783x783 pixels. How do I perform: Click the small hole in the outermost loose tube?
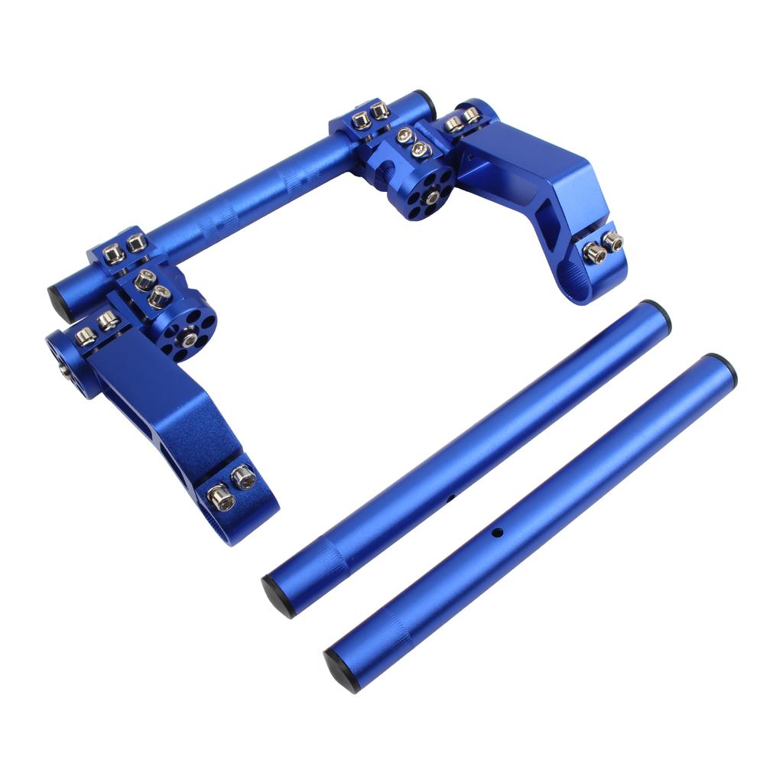[496, 531]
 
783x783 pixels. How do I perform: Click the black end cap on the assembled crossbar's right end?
[425, 102]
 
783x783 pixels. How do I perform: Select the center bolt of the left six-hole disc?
[187, 333]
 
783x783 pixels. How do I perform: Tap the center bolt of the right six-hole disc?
[432, 198]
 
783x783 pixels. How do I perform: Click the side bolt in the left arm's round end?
[63, 370]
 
